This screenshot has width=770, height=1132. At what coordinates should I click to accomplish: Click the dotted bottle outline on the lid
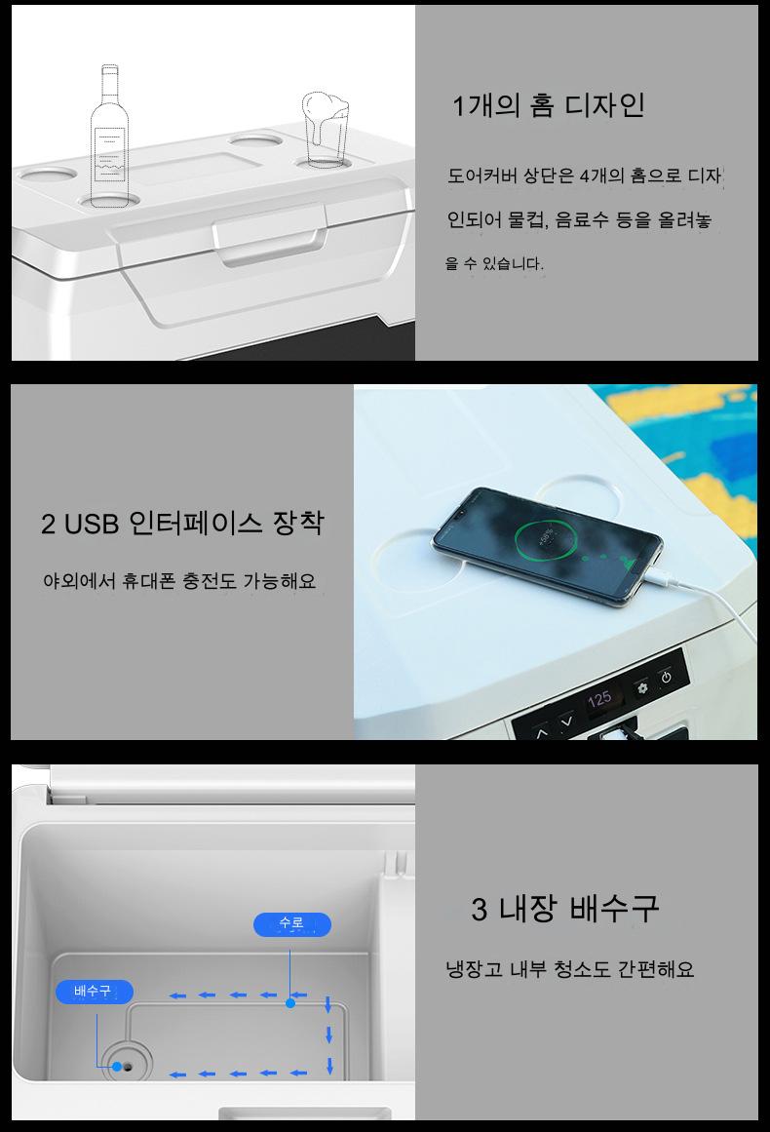tap(110, 134)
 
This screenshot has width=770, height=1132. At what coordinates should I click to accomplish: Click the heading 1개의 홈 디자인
tap(549, 105)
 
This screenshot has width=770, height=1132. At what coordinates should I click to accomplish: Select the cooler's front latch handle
tap(268, 235)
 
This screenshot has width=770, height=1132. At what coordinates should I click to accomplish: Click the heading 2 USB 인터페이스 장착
tap(182, 523)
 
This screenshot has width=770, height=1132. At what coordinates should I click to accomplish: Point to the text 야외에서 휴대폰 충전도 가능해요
tap(179, 580)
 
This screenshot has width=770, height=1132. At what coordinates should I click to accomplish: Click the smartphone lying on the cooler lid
tap(546, 546)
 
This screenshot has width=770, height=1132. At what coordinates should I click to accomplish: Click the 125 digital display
tap(599, 699)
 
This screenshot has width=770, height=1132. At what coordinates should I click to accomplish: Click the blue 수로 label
tap(292, 924)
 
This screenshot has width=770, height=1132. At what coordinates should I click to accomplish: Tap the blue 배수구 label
tap(94, 992)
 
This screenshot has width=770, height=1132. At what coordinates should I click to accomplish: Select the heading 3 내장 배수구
tap(565, 908)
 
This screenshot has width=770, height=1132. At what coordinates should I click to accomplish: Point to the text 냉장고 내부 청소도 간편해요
tap(569, 969)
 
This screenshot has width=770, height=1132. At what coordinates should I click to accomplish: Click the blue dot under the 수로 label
tap(290, 1002)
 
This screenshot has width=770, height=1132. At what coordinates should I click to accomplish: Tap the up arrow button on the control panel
tap(542, 731)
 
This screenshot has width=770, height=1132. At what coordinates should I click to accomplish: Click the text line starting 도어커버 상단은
tap(585, 176)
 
